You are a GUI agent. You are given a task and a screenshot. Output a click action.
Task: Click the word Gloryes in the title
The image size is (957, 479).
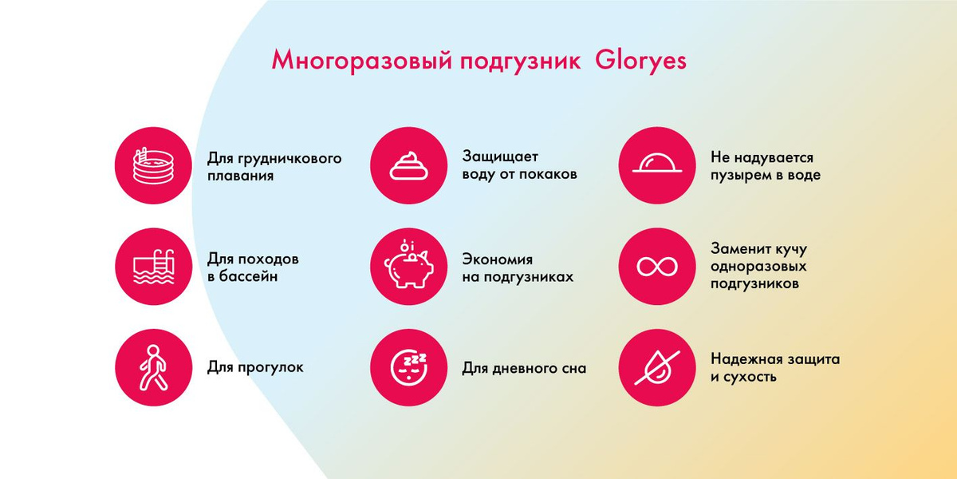coord(640,61)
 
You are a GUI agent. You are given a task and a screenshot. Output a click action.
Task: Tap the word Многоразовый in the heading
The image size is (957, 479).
coord(361,61)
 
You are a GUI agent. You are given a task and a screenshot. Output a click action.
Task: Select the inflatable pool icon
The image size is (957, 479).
coord(154,165)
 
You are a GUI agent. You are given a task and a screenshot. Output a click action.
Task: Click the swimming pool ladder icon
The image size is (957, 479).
coord(154,266)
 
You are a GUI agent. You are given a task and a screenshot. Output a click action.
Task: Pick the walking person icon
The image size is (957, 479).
coord(153,367)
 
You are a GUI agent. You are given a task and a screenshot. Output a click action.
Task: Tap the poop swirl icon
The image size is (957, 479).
coord(408,165)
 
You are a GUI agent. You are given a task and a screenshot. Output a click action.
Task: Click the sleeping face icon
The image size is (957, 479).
coord(409,369)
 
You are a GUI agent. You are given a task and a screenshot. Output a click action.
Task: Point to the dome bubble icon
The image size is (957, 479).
coord(657,163)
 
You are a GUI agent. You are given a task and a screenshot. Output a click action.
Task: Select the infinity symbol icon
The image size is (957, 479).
coord(657,267)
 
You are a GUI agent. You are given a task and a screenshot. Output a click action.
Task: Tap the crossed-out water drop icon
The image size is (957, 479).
coord(657,367)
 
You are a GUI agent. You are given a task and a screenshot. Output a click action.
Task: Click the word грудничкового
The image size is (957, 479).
coord(289,159)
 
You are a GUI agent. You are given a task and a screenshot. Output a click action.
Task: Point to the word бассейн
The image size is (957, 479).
coord(248,276)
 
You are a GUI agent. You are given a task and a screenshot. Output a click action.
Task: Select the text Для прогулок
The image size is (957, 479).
coord(255,367)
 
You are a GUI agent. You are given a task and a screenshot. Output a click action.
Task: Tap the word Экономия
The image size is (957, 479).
coord(498,259)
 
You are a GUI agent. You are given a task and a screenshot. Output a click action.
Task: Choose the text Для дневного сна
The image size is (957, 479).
coord(524,368)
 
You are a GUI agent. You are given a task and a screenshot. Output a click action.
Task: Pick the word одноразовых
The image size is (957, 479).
coord(758,267)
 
